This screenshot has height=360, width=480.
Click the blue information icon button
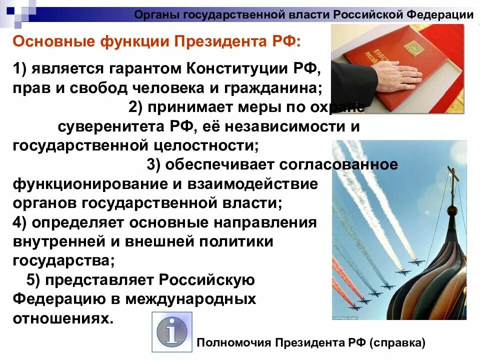171,331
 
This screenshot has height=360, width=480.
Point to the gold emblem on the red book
413,48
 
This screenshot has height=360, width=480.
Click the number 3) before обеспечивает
154,164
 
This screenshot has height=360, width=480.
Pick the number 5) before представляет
33,280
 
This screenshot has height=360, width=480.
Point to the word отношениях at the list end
60,318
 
